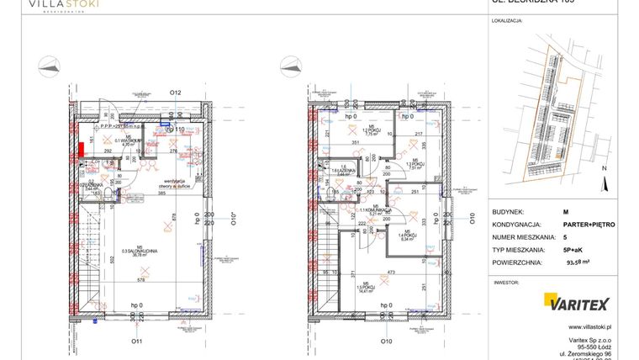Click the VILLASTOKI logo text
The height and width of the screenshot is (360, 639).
pyautogui.click(x=64, y=5)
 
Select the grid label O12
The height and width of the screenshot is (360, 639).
pyautogui.click(x=176, y=92)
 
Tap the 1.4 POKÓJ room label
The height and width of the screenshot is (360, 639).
pyautogui.click(x=406, y=237)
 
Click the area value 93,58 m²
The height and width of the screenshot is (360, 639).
pyautogui.click(x=579, y=263)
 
